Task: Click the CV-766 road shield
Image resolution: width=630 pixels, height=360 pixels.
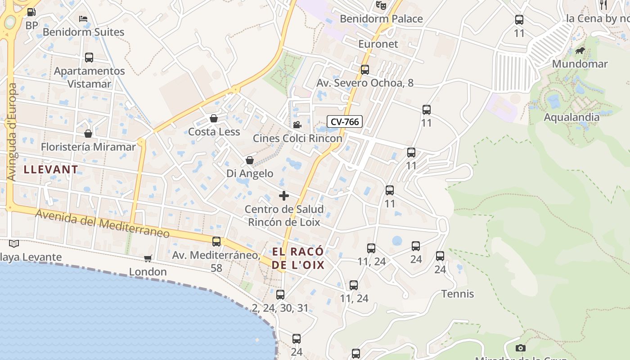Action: click(345, 121)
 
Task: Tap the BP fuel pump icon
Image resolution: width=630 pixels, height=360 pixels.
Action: click(31, 13)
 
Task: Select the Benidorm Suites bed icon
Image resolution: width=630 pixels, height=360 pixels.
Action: click(83, 19)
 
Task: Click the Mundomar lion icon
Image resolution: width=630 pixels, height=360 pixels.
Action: click(580, 51)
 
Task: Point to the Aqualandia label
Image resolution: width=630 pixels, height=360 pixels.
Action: click(571, 117)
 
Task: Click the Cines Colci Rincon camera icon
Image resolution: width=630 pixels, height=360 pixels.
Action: click(297, 125)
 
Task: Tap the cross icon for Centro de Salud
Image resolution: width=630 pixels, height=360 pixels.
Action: click(284, 196)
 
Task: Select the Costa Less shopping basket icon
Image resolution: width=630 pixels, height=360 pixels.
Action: click(214, 118)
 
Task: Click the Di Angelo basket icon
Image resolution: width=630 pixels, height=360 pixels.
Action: click(250, 160)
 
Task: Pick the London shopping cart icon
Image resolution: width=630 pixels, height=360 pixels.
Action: click(148, 258)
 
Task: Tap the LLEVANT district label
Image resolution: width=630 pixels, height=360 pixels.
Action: click(51, 170)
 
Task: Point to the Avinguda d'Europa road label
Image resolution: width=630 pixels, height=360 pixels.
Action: click(12, 132)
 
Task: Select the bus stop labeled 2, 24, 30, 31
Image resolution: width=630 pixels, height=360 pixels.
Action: click(280, 295)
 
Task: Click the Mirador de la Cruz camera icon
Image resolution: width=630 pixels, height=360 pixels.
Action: click(521, 348)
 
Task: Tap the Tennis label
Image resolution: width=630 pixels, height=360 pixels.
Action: click(458, 294)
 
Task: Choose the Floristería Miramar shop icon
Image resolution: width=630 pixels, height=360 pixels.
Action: click(88, 134)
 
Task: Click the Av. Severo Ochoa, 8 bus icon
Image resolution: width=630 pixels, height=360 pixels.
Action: click(365, 70)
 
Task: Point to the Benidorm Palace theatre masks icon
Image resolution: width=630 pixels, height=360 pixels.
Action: click(381, 5)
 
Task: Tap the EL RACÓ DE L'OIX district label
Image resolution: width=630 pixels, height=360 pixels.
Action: click(298, 258)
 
